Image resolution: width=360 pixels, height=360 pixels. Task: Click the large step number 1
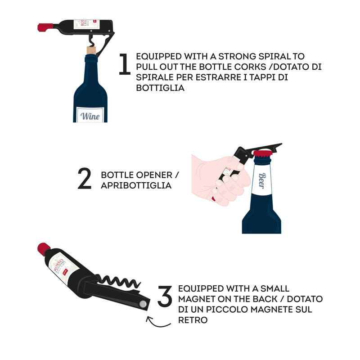point(124,64)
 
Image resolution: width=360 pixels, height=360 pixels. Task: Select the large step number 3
point(165,296)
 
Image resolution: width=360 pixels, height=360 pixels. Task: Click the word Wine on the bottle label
point(90,116)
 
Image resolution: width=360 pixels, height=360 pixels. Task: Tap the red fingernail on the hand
point(215,198)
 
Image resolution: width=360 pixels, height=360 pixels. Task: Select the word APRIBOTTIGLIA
point(136,185)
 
